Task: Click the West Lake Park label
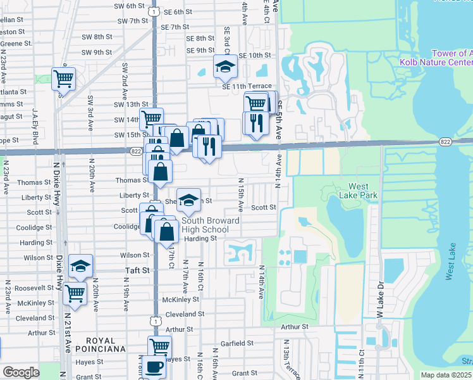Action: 362,191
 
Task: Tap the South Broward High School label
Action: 211,225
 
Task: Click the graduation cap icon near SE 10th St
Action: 224,66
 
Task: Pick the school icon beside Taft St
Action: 80,267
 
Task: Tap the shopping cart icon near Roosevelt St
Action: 75,294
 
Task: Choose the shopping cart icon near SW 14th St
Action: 151,118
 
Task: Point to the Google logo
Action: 21,372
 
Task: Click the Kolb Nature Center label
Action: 436,62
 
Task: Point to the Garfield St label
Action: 237,343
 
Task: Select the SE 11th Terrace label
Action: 247,86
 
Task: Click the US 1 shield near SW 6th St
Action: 154,11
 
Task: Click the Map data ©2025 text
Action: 446,375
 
